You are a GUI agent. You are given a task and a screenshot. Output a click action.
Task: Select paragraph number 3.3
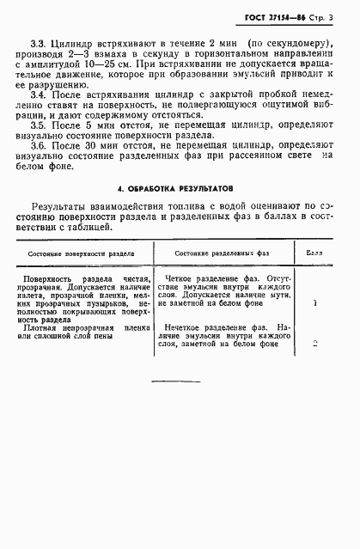point(39,41)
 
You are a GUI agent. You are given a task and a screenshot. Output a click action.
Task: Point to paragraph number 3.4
point(39,95)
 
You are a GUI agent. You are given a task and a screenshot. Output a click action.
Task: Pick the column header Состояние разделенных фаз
point(222,278)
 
